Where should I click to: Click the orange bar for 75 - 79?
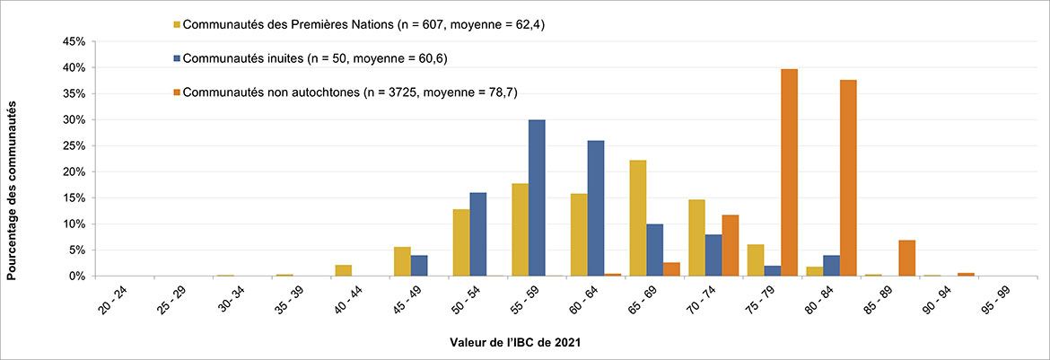pyautogui.click(x=790, y=172)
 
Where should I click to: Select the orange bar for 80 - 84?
pyautogui.click(x=848, y=178)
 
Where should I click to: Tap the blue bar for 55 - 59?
pyautogui.click(x=537, y=198)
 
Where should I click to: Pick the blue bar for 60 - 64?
pyautogui.click(x=596, y=208)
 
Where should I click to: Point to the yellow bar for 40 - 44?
pyautogui.click(x=343, y=270)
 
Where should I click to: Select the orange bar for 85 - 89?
pyautogui.click(x=906, y=258)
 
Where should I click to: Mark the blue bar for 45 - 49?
pyautogui.click(x=419, y=266)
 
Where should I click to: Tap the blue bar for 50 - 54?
pyautogui.click(x=477, y=234)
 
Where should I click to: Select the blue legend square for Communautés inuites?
pyautogui.click(x=177, y=58)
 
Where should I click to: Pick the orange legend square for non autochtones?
pyautogui.click(x=177, y=92)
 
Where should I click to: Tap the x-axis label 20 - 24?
pyautogui.click(x=113, y=302)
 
